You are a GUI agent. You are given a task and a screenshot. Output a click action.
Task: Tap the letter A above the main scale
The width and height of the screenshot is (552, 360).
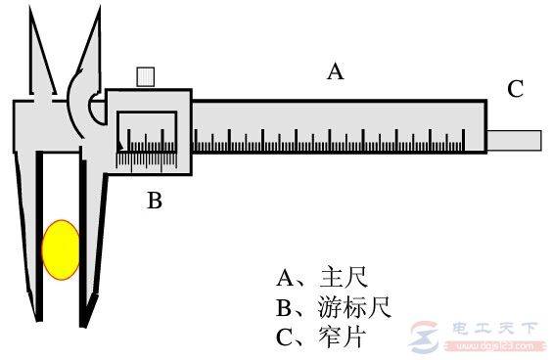[x=336, y=71]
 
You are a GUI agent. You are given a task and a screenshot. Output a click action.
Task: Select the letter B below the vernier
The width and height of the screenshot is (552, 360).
[x=155, y=202]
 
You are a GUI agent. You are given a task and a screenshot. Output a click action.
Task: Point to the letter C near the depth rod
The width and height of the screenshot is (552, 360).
[x=515, y=90]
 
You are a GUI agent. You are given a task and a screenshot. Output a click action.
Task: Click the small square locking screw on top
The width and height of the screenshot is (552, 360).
[x=147, y=76]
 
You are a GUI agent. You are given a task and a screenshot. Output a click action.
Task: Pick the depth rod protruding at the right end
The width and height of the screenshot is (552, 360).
[x=516, y=139]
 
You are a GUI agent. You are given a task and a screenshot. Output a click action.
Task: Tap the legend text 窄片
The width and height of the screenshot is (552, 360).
[x=333, y=338]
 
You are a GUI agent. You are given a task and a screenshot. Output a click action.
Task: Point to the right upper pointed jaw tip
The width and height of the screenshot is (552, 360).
[x=102, y=12]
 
